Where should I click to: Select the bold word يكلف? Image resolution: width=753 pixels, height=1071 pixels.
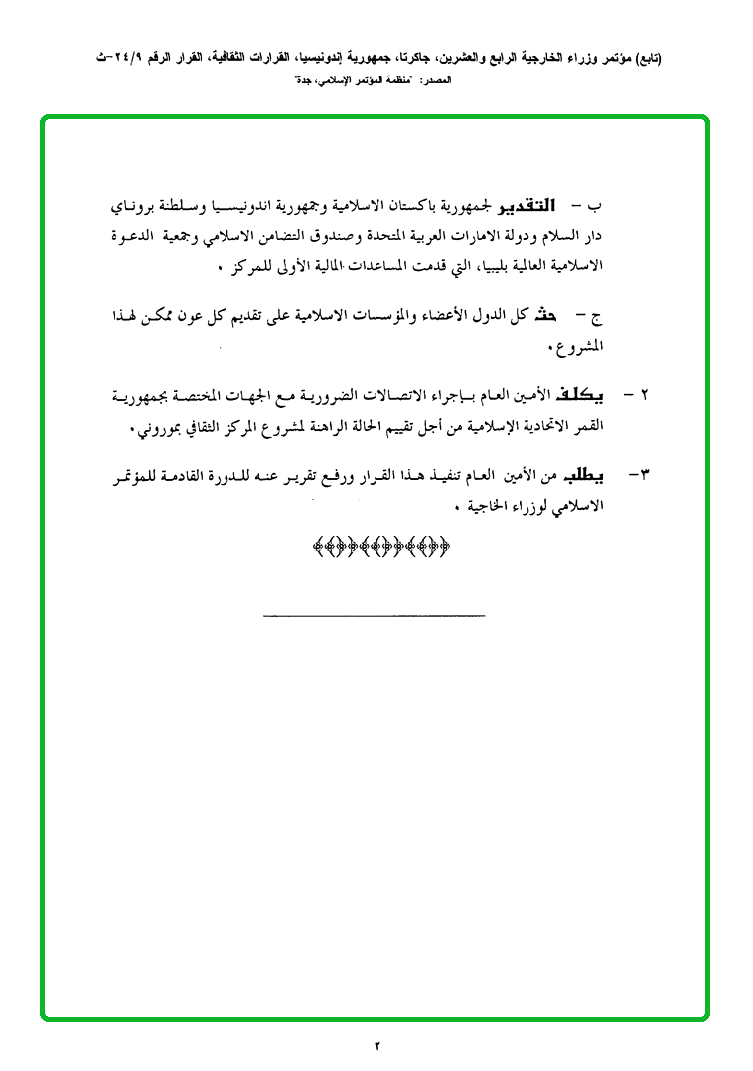(587, 395)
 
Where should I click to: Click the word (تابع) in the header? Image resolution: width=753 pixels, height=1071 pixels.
(644, 59)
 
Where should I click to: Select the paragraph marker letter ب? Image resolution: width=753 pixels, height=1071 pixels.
(597, 208)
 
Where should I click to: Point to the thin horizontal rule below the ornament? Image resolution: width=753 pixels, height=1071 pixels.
(375, 617)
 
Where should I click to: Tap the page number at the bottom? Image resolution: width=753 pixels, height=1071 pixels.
(377, 1044)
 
